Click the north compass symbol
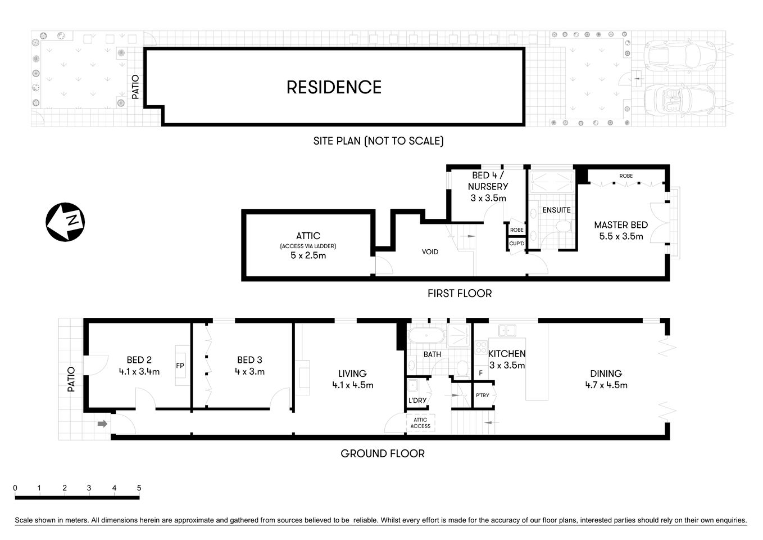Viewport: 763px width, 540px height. point(65,222)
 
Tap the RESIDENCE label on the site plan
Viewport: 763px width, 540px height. point(334,87)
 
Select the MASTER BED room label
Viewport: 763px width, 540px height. point(621,225)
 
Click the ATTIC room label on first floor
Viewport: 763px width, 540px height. point(308,236)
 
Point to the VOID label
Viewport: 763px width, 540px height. point(430,252)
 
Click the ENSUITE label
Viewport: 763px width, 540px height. point(556,210)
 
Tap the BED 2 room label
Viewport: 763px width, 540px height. point(139,360)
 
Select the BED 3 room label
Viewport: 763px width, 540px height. point(249,360)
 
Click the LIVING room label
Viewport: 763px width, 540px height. point(352,373)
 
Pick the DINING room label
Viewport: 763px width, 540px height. point(606,373)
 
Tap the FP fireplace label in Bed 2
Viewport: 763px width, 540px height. point(180,366)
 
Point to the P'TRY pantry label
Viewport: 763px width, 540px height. point(482,395)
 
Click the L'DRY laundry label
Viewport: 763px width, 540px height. point(417,400)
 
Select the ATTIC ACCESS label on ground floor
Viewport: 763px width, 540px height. point(420,423)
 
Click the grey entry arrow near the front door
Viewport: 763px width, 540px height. point(102,424)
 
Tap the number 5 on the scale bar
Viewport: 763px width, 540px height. point(139,488)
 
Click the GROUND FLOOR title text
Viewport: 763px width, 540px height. point(383,453)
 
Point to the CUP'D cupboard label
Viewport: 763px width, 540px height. point(516,244)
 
